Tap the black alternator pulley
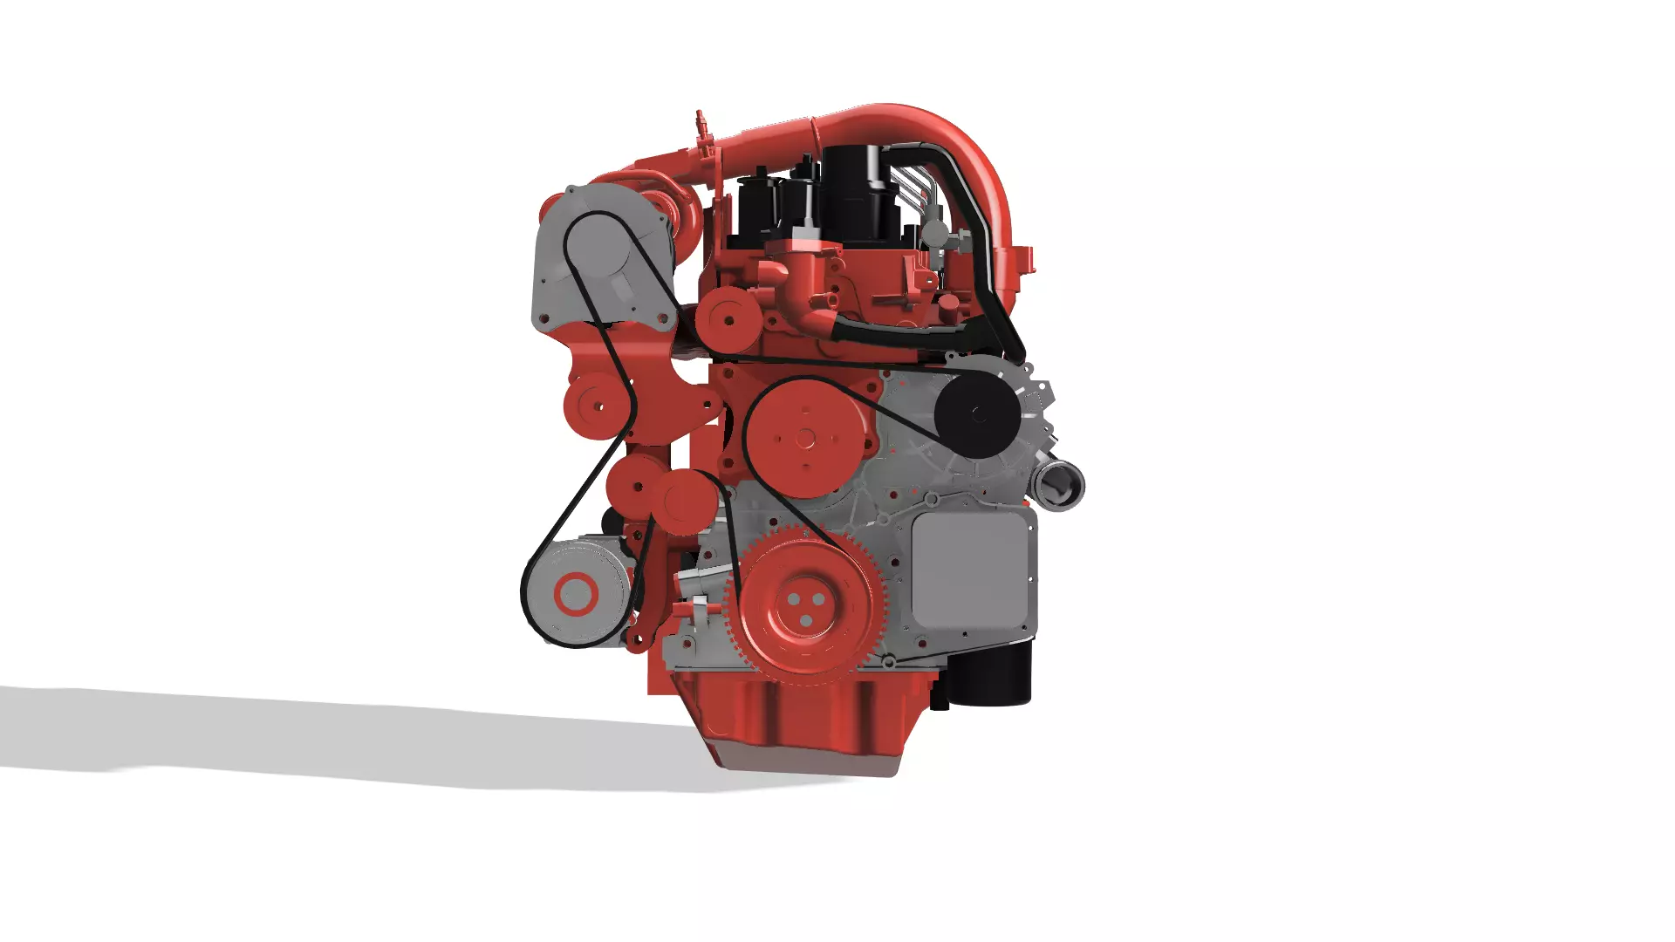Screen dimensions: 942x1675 (x=978, y=414)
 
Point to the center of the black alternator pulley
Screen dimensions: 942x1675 (x=978, y=414)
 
